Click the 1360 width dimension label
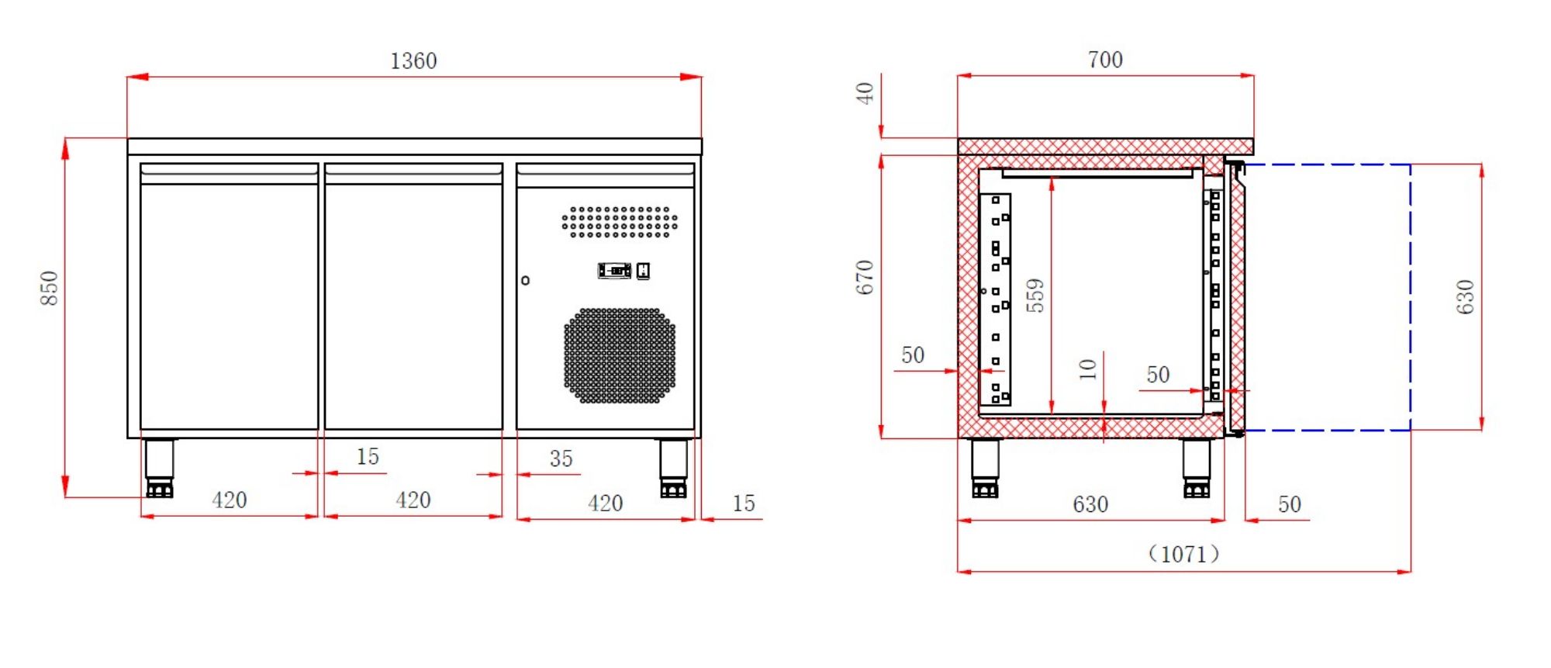point(413,61)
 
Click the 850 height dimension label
point(49,288)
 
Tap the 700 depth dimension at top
point(1105,60)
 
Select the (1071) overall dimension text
point(1183,554)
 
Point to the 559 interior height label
point(1035,296)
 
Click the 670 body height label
point(865,278)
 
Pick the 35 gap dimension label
point(561,459)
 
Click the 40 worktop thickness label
point(865,94)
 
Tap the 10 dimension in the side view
point(1088,369)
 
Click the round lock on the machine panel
point(525,280)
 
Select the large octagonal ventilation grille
point(620,355)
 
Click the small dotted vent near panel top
point(620,222)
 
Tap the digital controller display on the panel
point(614,271)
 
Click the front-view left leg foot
point(160,489)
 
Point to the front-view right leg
point(673,466)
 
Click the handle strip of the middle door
point(413,174)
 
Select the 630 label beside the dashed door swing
point(1465,296)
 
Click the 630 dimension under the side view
point(1090,504)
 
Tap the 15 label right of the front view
point(743,504)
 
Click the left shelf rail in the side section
point(996,299)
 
